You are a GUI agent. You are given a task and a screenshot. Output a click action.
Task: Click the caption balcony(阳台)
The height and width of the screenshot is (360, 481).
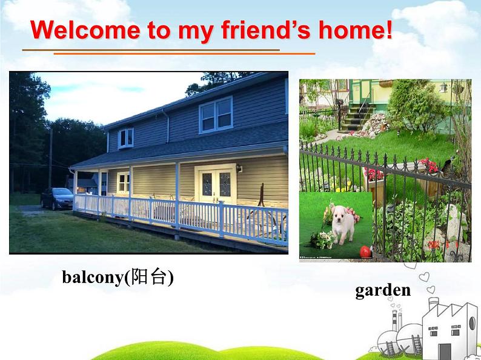coord(118,277)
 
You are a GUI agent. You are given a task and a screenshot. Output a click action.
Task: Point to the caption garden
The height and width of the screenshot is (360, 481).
coord(382,290)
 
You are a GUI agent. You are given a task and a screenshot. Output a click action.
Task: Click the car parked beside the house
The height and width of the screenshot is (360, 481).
coord(57,198)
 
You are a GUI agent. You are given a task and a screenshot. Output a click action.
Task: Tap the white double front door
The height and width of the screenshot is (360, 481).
coord(216,184)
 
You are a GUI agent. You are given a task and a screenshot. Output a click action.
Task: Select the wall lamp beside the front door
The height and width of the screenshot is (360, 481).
coord(240,168)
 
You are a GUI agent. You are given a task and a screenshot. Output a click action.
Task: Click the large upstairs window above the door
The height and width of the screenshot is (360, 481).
coord(216,115)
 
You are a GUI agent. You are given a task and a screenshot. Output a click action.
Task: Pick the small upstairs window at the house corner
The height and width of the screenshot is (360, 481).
coord(125,138)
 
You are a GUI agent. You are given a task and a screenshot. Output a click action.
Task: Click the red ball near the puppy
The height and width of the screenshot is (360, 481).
coord(365,250)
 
